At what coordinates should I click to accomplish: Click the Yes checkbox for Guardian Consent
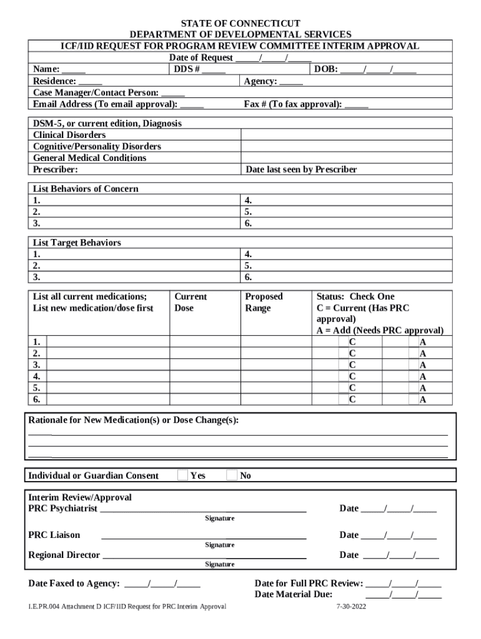182,476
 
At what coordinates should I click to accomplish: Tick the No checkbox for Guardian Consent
232,476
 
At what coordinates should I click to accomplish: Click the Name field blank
74,70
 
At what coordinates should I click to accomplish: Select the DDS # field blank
214,70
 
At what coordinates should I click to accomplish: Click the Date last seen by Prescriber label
301,170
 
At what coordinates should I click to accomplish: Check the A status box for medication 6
414,399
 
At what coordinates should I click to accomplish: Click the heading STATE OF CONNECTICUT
241,24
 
